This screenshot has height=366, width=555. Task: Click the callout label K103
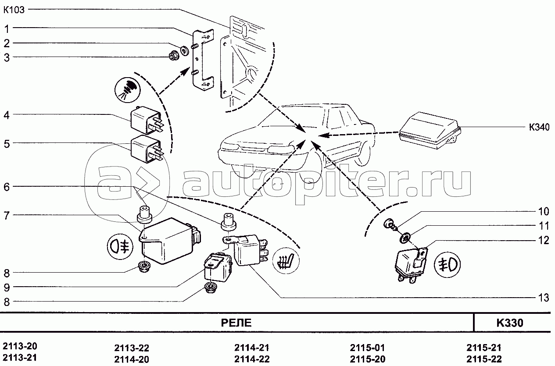click(14, 10)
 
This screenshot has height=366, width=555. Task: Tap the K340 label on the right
click(539, 127)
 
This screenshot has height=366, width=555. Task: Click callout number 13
click(544, 298)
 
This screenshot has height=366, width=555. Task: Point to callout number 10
click(544, 212)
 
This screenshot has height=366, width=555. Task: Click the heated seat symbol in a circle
click(286, 260)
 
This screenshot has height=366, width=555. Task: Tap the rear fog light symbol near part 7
click(120, 247)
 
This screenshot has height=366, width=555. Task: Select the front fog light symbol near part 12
click(447, 265)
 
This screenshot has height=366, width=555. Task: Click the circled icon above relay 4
click(127, 89)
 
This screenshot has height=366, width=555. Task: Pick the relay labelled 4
click(147, 121)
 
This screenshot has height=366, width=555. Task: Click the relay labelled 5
click(147, 149)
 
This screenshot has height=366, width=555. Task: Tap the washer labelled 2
click(184, 51)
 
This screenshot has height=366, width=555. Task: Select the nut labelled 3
click(172, 56)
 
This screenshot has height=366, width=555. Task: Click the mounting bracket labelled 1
click(203, 60)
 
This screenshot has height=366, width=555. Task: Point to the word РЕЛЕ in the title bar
click(236, 323)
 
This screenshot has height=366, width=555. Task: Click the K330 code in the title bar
click(510, 323)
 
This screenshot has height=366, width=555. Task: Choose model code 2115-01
click(367, 348)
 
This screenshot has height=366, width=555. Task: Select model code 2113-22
click(132, 348)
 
